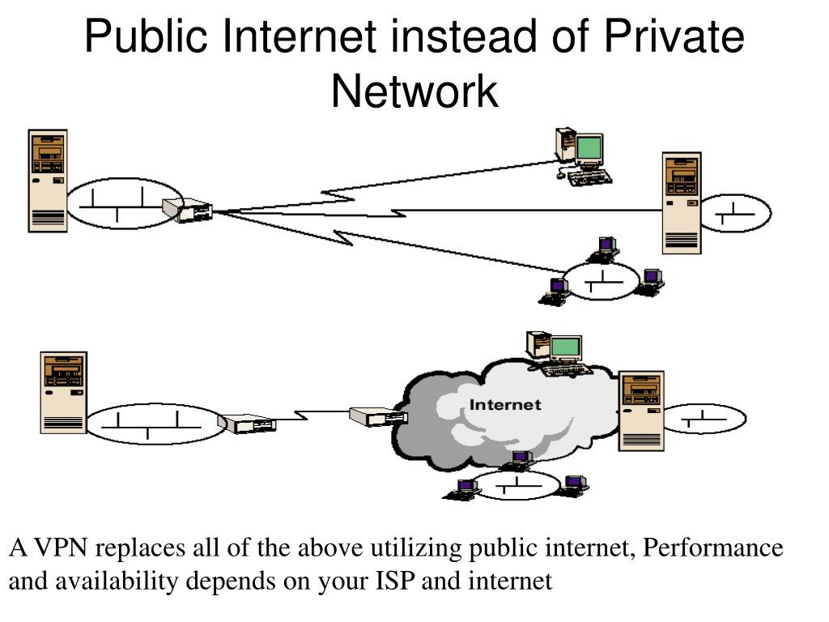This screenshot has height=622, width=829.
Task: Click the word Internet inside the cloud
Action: [505, 404]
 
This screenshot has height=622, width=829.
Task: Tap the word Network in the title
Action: [414, 90]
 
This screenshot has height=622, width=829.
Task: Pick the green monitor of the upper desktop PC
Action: [589, 148]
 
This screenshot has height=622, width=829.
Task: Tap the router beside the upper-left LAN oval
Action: [188, 210]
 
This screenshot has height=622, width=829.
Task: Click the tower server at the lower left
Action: [63, 392]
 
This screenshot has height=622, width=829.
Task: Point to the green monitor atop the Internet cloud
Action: [566, 347]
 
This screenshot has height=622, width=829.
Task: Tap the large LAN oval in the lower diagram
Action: [154, 424]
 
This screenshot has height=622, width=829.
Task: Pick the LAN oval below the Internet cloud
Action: [518, 487]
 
